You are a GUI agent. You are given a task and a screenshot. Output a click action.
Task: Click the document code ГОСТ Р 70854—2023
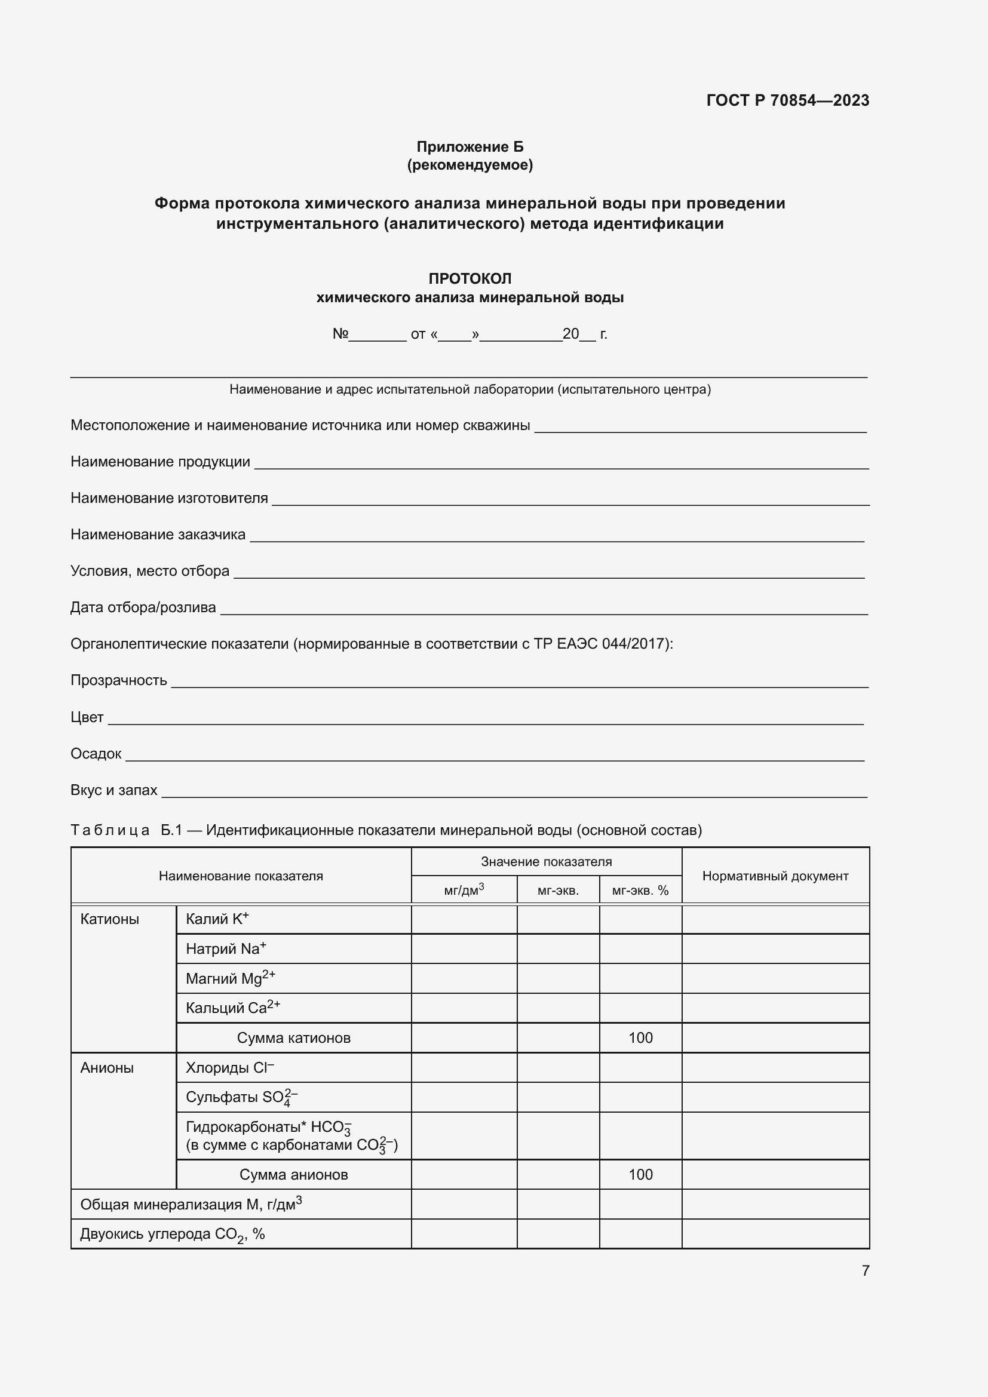coord(787,100)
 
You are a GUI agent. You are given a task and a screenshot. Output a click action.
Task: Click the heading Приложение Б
coord(470,147)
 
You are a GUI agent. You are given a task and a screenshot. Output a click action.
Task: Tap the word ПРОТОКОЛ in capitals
coord(470,279)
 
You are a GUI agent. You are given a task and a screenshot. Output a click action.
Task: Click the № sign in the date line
coord(340,333)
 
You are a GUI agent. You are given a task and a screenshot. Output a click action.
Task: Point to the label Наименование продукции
coord(160,462)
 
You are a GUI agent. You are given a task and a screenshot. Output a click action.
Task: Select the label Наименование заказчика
coord(158,534)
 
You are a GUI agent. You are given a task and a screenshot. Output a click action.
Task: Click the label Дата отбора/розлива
coord(143,607)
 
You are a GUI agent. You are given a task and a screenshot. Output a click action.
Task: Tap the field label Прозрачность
coord(119,680)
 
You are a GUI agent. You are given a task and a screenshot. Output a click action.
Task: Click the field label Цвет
coord(87,717)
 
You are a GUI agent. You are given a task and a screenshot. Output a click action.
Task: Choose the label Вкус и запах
coord(113,790)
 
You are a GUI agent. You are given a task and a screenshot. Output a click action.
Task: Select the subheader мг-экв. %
coord(640,891)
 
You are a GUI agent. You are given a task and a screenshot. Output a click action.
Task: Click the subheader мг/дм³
coord(464,890)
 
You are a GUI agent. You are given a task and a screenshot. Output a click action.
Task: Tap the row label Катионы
coord(109,919)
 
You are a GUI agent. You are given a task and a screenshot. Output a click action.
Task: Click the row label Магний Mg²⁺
coord(231,978)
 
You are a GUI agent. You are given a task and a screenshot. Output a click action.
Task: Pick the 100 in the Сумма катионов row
coord(640,1038)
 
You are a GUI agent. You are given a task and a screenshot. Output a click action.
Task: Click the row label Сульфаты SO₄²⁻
coord(241,1097)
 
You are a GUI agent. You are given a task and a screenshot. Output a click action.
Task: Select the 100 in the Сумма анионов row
coord(640,1174)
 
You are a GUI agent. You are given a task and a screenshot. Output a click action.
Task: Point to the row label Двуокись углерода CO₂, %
coord(172,1234)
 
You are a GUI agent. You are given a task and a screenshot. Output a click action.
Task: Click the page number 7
coord(865,1270)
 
